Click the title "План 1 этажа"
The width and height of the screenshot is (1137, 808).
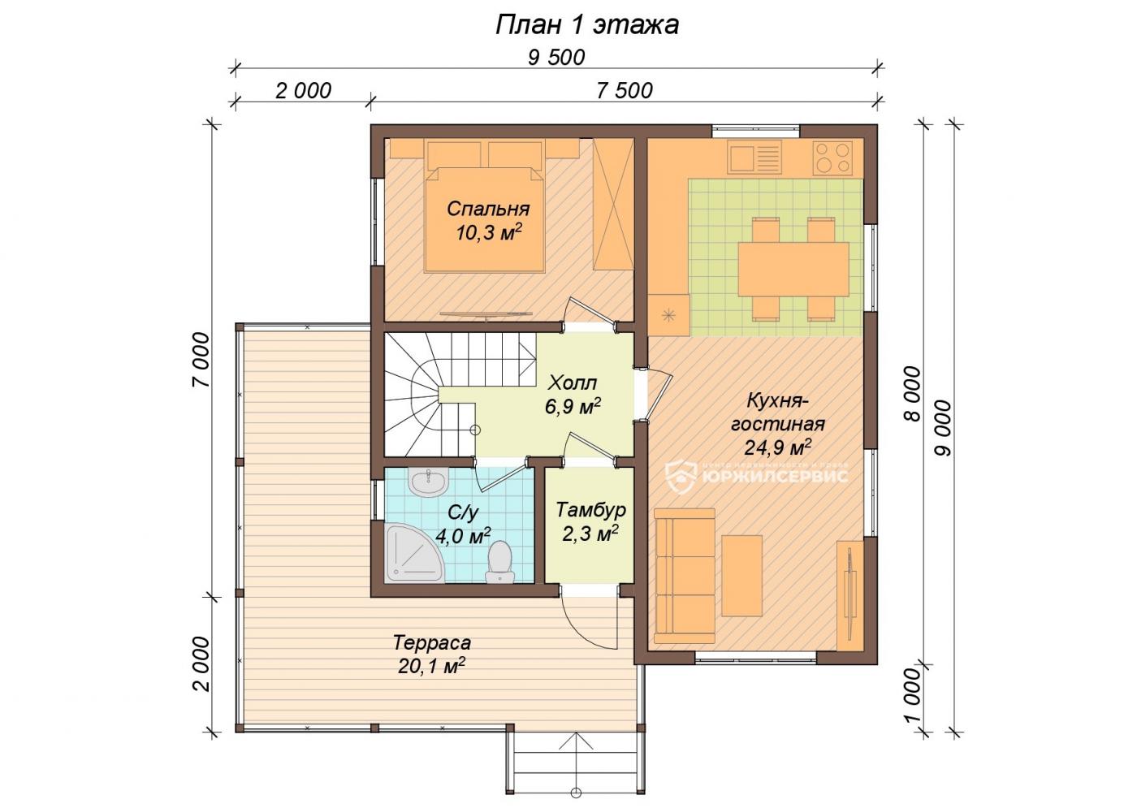[586, 24]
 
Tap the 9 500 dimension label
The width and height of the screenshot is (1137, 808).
[556, 58]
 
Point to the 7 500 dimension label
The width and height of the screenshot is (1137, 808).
[624, 91]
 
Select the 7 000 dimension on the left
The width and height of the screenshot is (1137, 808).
[201, 361]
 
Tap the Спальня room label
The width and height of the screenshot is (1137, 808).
[488, 209]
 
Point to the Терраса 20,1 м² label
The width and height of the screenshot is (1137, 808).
[432, 655]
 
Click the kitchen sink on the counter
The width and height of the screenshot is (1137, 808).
[754, 158]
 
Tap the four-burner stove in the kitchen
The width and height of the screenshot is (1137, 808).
[832, 158]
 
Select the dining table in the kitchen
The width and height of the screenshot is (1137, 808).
[793, 269]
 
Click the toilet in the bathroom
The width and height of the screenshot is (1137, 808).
[499, 562]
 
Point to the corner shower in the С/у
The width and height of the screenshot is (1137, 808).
[413, 553]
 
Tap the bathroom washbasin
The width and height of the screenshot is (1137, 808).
[429, 482]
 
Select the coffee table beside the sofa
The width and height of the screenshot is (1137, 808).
[742, 576]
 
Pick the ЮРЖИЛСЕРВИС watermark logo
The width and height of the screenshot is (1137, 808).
[756, 476]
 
